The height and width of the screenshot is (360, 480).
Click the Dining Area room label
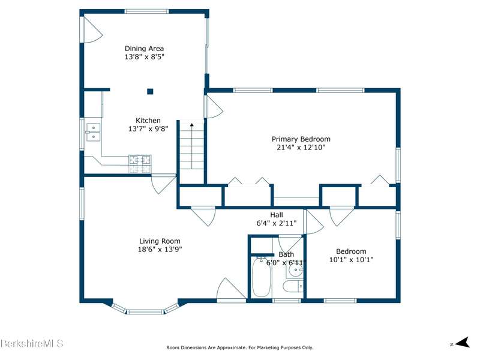coord(144,49)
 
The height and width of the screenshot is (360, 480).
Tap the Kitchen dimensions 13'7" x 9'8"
coord(148,128)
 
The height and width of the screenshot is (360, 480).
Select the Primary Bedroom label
coord(301,139)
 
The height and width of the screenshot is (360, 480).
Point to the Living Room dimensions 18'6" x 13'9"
coord(160,249)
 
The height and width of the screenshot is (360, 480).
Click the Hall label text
coord(277,215)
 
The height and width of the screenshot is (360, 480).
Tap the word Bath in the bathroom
coord(286,254)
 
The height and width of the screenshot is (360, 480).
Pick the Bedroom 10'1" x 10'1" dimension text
coord(351,260)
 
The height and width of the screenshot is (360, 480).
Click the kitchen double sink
coord(93,132)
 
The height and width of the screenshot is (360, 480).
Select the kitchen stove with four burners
coord(140,164)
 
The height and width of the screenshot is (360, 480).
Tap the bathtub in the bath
coord(262,277)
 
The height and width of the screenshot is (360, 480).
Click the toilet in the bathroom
coord(293,287)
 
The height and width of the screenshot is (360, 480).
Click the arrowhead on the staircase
coord(191,125)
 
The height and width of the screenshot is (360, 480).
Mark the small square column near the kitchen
coord(150,91)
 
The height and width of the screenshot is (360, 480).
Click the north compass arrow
coord(463,342)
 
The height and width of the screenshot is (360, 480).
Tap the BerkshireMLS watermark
coord(32,343)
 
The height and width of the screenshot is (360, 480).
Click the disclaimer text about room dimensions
coord(239,347)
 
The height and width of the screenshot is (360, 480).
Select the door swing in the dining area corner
coord(93,29)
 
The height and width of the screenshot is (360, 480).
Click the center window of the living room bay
coord(145,312)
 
